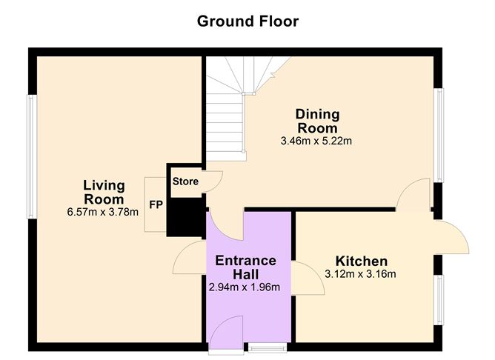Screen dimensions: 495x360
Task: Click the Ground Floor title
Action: (247, 21)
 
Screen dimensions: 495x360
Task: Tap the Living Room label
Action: (104, 192)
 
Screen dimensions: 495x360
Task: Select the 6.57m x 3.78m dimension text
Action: (102, 212)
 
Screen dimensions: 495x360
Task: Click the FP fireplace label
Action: (156, 205)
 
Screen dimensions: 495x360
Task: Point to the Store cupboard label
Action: (185, 181)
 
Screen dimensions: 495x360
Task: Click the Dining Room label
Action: (318, 121)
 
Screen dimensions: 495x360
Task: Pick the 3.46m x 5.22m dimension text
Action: (316, 141)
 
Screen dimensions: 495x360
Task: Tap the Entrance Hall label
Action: (245, 267)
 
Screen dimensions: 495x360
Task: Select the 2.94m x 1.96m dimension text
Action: (245, 287)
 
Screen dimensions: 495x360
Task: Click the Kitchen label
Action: (362, 261)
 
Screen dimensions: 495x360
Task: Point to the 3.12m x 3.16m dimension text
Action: (360, 274)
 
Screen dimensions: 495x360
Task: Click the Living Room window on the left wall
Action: (32, 157)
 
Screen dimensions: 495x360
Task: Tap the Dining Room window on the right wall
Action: (438, 135)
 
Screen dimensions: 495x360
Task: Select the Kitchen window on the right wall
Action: (439, 300)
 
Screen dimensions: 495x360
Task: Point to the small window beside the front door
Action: (268, 347)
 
